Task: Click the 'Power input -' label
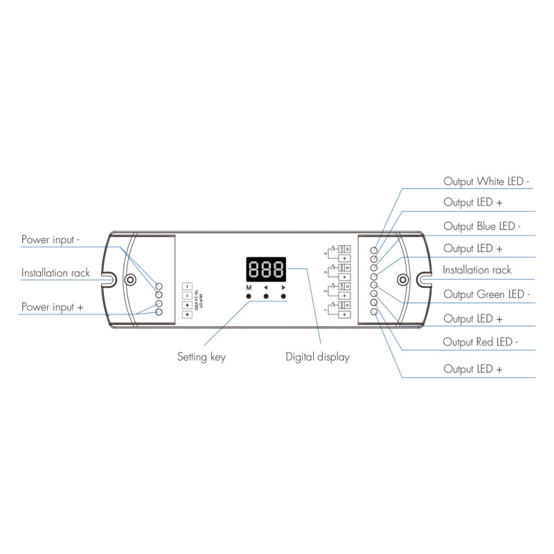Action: [x=51, y=240]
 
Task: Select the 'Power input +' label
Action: [x=53, y=306]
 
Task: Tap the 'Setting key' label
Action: [x=202, y=357]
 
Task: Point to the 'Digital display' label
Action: [x=317, y=357]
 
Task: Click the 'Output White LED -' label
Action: [x=486, y=181]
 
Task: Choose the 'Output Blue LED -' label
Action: [x=482, y=226]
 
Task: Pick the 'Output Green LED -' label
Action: [x=486, y=294]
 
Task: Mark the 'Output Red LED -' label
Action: [x=481, y=341]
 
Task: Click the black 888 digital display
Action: [x=267, y=269]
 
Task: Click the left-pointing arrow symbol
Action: [x=266, y=287]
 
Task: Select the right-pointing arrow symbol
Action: [x=283, y=287]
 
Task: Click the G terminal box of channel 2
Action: [x=348, y=286]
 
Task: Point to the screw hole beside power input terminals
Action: [x=129, y=280]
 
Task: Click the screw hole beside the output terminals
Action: [x=402, y=280]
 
